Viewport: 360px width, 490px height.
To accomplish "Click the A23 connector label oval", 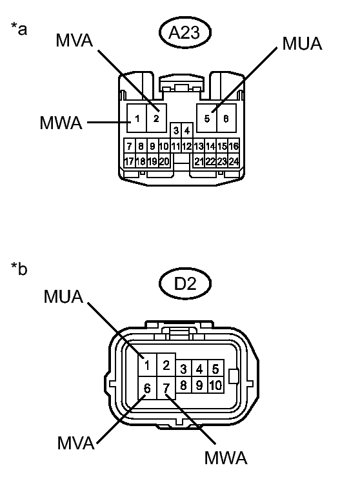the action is [x=185, y=32].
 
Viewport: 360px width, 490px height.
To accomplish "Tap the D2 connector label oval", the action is [x=185, y=283].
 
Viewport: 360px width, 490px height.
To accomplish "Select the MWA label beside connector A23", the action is [x=61, y=123].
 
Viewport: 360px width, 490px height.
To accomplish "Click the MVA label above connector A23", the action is [x=74, y=40].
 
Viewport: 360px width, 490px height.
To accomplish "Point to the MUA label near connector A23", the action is [x=302, y=43].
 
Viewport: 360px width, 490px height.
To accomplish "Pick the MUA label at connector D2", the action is [x=63, y=296].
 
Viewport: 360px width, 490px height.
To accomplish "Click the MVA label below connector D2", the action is [x=76, y=443].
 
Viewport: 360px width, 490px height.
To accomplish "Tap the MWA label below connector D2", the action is [x=226, y=458].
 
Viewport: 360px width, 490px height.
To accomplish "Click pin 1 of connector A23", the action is [x=137, y=118].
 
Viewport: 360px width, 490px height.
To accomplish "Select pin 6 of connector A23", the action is [x=226, y=118].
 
